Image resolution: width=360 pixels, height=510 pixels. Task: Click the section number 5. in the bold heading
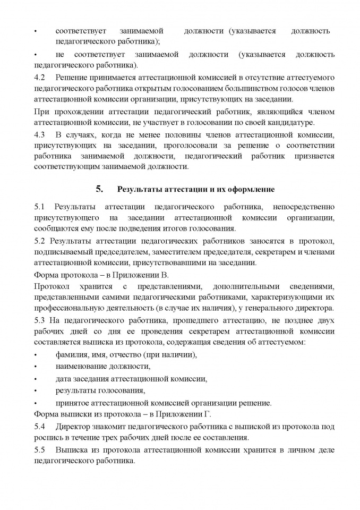pyautogui.click(x=98, y=189)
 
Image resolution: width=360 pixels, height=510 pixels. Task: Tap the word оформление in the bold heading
pyautogui.click(x=252, y=189)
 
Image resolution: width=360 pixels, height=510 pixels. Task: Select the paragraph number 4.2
pyautogui.click(x=39, y=78)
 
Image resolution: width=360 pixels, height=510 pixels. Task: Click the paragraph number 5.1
pyautogui.click(x=39, y=206)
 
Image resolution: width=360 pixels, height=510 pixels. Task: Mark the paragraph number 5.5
pyautogui.click(x=39, y=450)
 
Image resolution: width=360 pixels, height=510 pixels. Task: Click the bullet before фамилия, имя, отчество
pyautogui.click(x=36, y=355)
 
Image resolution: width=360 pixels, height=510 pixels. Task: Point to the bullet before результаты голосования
pyautogui.click(x=36, y=391)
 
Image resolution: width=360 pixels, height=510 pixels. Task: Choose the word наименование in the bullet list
pyautogui.click(x=79, y=367)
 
